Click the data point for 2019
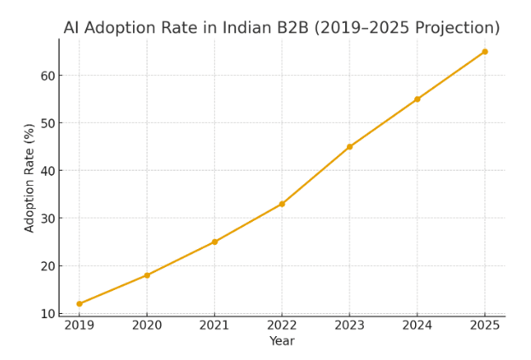[79, 304]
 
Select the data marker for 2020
[147, 275]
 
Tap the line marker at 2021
[215, 241]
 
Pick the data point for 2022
[282, 204]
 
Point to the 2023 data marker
[349, 147]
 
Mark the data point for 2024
[417, 99]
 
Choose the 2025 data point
[485, 51]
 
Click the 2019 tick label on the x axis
[79, 325]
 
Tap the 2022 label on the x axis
[282, 325]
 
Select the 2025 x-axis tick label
[485, 325]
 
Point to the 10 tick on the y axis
[47, 313]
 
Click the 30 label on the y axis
[47, 218]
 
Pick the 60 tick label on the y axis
[47, 75]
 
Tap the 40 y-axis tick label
[47, 171]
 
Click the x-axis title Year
[282, 341]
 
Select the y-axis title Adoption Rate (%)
[30, 177]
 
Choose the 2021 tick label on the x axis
[215, 325]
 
